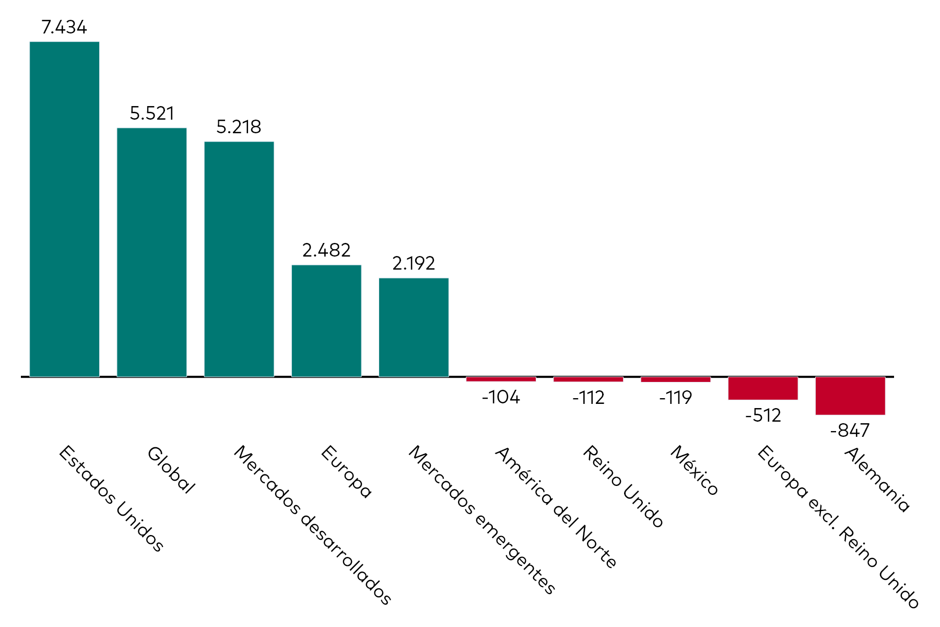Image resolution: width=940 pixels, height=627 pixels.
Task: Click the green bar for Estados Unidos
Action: tap(64, 209)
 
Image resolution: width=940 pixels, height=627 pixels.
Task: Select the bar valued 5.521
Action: tap(151, 252)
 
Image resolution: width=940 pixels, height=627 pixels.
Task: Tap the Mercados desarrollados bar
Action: tap(239, 259)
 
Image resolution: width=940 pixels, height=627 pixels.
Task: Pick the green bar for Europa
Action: tap(326, 321)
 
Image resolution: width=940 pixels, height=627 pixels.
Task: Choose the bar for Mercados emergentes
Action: tap(414, 327)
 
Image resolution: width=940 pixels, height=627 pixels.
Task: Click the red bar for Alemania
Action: tap(850, 396)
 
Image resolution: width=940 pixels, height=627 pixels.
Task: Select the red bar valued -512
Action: tap(763, 388)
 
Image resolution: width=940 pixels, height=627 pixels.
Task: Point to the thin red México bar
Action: tap(676, 379)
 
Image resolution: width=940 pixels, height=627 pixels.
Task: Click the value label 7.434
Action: tap(64, 27)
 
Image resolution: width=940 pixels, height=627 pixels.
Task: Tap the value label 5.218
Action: tap(239, 127)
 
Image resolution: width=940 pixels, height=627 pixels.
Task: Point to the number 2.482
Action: tap(326, 250)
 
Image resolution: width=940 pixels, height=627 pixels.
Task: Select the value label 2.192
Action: tap(414, 263)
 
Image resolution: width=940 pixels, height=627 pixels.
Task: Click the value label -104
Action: tap(501, 398)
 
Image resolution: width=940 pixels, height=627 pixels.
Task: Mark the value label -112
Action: tap(588, 398)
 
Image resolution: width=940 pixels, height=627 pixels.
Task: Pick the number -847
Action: tap(850, 431)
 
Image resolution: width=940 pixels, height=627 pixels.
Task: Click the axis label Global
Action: tap(171, 470)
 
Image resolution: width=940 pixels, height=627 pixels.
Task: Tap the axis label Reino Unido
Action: tap(622, 486)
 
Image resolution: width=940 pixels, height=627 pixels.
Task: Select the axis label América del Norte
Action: tap(556, 507)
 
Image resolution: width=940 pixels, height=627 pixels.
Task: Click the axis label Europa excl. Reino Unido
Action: tap(838, 527)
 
